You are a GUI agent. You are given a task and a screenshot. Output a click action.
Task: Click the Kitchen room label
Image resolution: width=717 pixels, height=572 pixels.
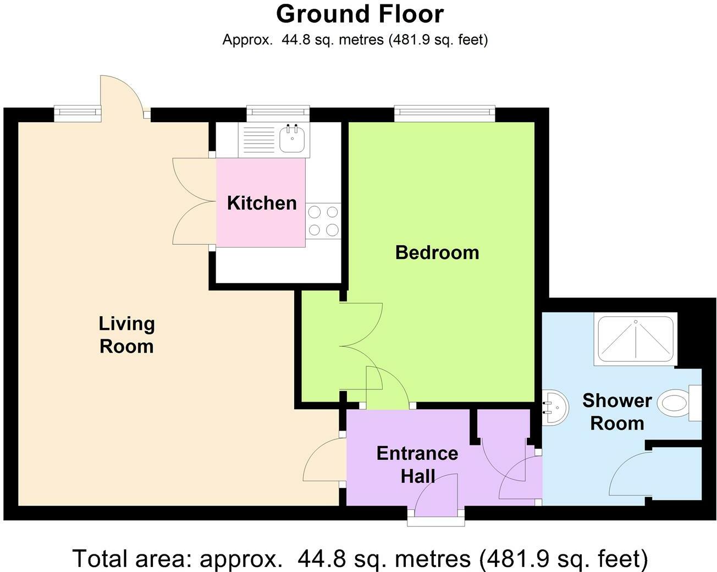tap(262, 203)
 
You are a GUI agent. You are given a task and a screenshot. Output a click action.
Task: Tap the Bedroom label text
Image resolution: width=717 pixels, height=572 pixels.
tap(437, 252)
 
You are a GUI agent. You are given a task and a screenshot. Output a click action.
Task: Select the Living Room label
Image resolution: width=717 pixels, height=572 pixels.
tap(126, 334)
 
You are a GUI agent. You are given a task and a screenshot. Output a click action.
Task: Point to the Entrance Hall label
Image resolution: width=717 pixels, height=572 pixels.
tap(417, 464)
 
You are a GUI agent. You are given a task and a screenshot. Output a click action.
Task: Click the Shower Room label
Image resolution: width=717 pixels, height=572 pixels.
tap(616, 411)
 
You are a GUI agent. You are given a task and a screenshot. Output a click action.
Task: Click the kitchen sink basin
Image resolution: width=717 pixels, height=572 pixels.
tap(292, 138)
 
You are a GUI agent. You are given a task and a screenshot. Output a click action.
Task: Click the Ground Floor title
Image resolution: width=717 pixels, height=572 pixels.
tap(360, 14)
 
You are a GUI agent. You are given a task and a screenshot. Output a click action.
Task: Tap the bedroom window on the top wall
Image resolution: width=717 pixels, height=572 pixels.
tap(444, 114)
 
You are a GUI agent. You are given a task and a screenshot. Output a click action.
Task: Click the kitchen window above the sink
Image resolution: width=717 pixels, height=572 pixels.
tap(278, 114)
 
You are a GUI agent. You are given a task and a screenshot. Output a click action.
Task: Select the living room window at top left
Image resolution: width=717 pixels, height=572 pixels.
tap(78, 113)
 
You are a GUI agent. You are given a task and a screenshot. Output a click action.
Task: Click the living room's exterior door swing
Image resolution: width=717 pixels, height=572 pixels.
tap(122, 94)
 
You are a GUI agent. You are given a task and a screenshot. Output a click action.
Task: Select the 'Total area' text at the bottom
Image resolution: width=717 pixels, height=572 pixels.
tap(360, 558)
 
